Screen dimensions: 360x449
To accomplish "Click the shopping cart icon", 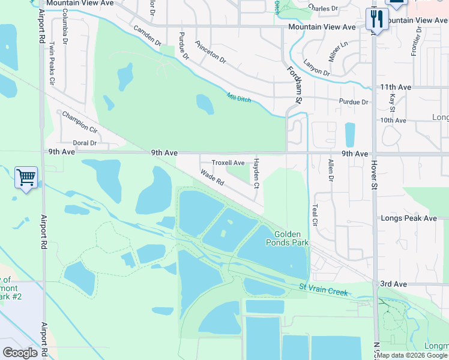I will (x=26, y=178).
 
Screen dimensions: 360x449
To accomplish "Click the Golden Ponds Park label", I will (x=291, y=238).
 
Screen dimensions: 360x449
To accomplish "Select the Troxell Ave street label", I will (x=228, y=163).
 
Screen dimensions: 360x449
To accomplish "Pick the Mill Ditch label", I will (x=238, y=97).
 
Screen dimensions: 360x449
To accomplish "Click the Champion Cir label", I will (x=79, y=121).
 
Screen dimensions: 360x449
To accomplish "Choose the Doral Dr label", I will (x=85, y=143).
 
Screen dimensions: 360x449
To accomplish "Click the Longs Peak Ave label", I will (x=409, y=218).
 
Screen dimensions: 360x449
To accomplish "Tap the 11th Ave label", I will (x=396, y=88).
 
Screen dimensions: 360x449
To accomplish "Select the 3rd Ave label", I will (x=393, y=284).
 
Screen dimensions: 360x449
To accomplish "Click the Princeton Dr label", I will (x=210, y=53).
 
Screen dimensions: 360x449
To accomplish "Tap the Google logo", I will (x=20, y=353).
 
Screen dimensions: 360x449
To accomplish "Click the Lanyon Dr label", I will (x=316, y=68).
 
